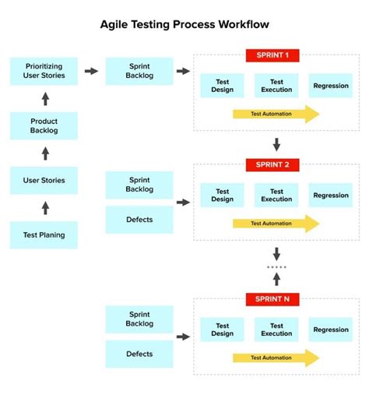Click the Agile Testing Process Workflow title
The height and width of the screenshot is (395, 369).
[x=184, y=24]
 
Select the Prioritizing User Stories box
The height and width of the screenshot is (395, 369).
[x=44, y=71]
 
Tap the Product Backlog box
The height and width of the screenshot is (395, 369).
[x=44, y=125]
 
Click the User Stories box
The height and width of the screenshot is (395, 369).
[x=44, y=181]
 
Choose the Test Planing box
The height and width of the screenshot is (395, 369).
[x=44, y=235]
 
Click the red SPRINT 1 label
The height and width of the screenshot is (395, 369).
[x=272, y=55]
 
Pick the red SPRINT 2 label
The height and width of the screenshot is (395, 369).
[x=272, y=164]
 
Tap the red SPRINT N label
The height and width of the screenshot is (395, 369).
[x=272, y=299]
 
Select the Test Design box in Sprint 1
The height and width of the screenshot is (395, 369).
[x=222, y=85]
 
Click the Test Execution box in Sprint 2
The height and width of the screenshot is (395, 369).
[x=276, y=195]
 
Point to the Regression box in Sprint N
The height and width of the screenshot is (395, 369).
[x=331, y=330]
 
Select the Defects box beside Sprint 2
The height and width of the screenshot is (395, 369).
[x=139, y=220]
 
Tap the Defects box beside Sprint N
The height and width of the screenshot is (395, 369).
[x=139, y=354]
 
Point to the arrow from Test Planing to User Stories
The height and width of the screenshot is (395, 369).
[x=44, y=208]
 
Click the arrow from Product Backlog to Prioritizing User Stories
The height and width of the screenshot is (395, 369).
[x=44, y=98]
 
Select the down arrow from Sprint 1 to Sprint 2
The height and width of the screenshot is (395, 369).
[x=276, y=145]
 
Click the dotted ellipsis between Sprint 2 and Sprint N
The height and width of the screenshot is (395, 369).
[x=276, y=267]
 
